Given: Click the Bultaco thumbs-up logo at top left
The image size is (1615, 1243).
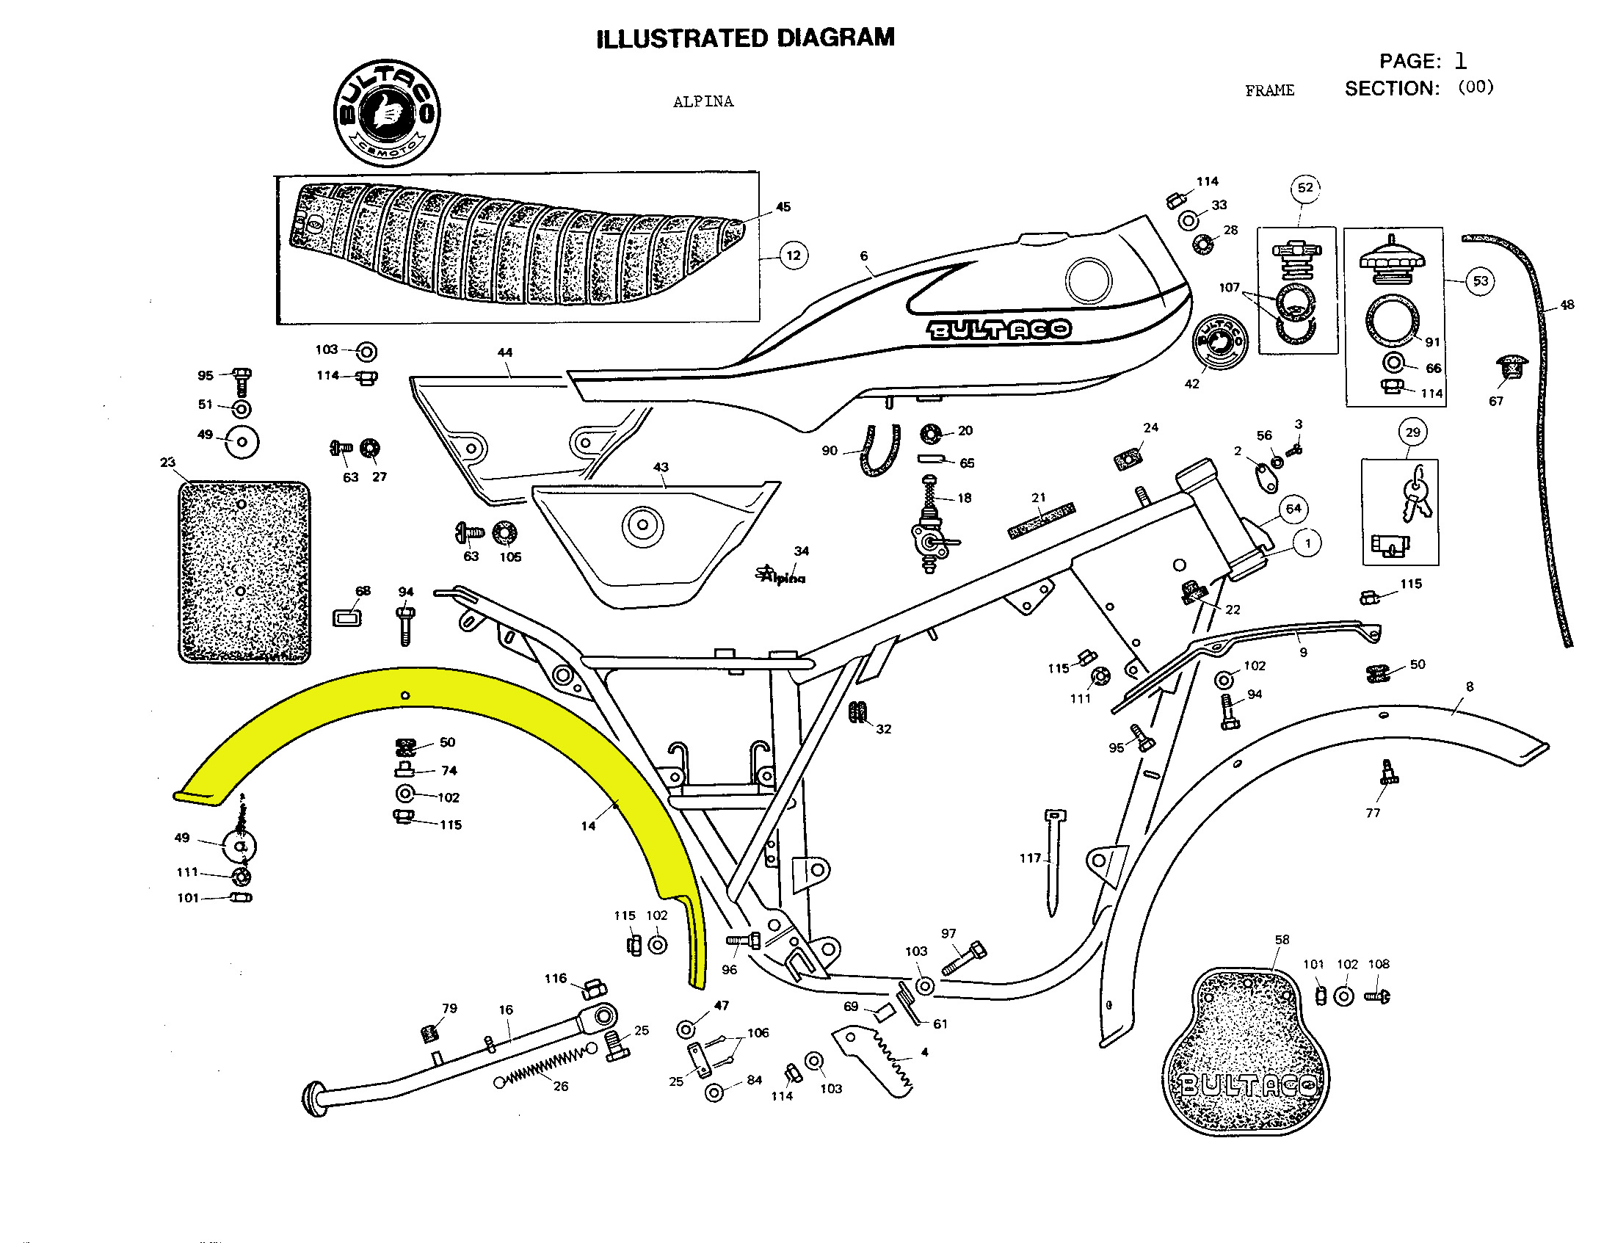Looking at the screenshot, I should pos(387,114).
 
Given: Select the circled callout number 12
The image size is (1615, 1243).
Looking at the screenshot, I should pos(794,256).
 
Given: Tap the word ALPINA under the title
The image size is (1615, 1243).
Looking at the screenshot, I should pos(703,102).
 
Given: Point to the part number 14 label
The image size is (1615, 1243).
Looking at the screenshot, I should pos(588,826).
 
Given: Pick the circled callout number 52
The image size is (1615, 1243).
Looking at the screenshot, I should pos(1305,188).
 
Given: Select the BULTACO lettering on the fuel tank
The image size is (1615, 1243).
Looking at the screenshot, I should pos(999,330).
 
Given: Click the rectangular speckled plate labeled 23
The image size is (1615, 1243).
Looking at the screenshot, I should pos(244,572).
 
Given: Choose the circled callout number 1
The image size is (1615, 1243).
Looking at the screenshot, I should pos(1307,543).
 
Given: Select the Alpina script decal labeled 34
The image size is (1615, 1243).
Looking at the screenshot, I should pos(782,576).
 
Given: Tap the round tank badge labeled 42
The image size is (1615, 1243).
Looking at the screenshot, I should pos(1220,343).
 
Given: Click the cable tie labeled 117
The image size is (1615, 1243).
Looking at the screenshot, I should pos(1053,861).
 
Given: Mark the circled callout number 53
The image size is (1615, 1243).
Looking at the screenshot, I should pos(1480,281).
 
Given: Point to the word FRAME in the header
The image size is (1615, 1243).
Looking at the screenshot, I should pos(1270,91).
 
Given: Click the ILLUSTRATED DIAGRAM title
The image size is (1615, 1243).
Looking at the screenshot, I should pos(745,38).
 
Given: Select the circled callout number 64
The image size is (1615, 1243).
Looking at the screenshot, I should pos(1293,509).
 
